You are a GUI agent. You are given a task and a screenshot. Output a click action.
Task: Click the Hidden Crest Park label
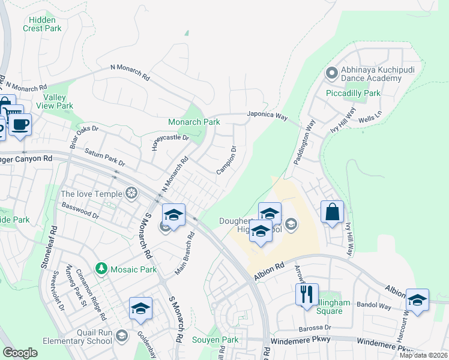click(42, 24)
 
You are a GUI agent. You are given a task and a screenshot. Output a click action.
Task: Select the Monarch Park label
click(194, 121)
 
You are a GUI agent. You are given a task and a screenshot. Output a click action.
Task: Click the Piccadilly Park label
click(353, 93)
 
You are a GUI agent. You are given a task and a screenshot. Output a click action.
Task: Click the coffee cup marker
click(20, 124)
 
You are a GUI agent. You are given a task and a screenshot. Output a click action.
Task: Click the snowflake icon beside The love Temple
click(131, 193)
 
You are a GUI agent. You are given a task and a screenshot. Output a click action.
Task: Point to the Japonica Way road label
click(267, 116)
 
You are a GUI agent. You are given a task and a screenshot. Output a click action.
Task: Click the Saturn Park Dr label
click(104, 158)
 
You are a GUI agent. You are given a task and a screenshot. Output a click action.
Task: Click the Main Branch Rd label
click(183, 251)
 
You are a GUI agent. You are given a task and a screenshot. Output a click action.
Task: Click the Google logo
click(20, 352)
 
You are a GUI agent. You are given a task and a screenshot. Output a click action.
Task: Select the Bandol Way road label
click(375, 306)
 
